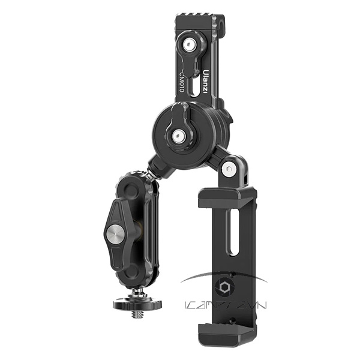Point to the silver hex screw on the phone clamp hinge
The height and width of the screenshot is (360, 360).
click(x=228, y=169)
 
